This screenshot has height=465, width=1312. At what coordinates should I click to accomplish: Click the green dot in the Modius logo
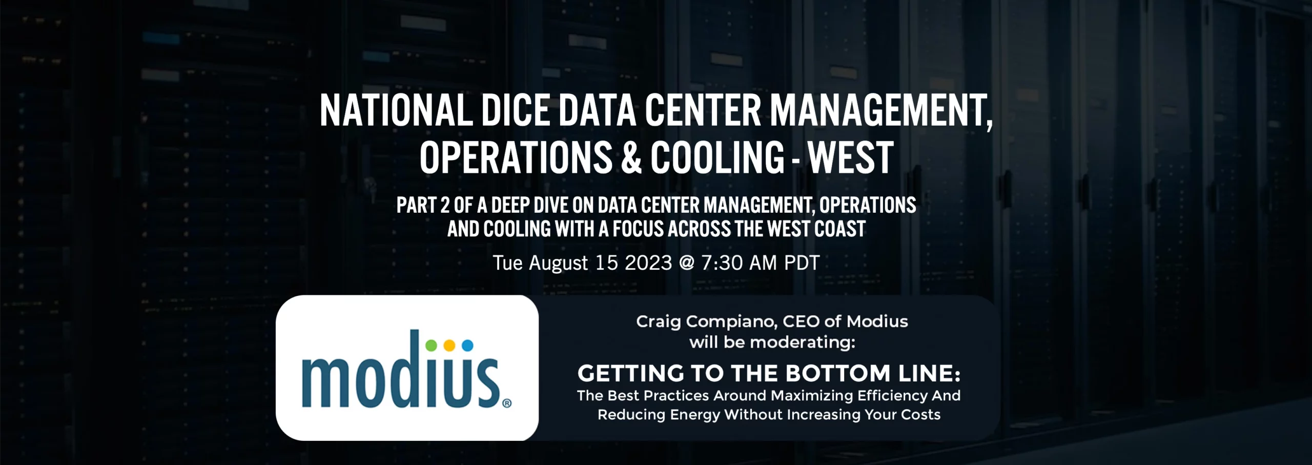(431, 345)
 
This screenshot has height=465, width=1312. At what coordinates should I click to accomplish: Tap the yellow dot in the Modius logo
(449, 345)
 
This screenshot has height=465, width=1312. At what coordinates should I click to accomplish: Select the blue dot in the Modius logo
(467, 345)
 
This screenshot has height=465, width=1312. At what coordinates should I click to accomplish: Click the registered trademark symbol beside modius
(507, 403)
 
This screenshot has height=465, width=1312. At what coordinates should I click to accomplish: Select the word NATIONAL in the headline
(396, 111)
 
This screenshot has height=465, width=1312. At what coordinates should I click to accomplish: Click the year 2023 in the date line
(648, 263)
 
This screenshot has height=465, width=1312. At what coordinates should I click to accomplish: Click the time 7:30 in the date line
(722, 263)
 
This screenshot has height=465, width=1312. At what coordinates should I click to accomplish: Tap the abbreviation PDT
(802, 263)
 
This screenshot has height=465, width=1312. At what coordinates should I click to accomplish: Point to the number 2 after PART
(445, 205)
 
